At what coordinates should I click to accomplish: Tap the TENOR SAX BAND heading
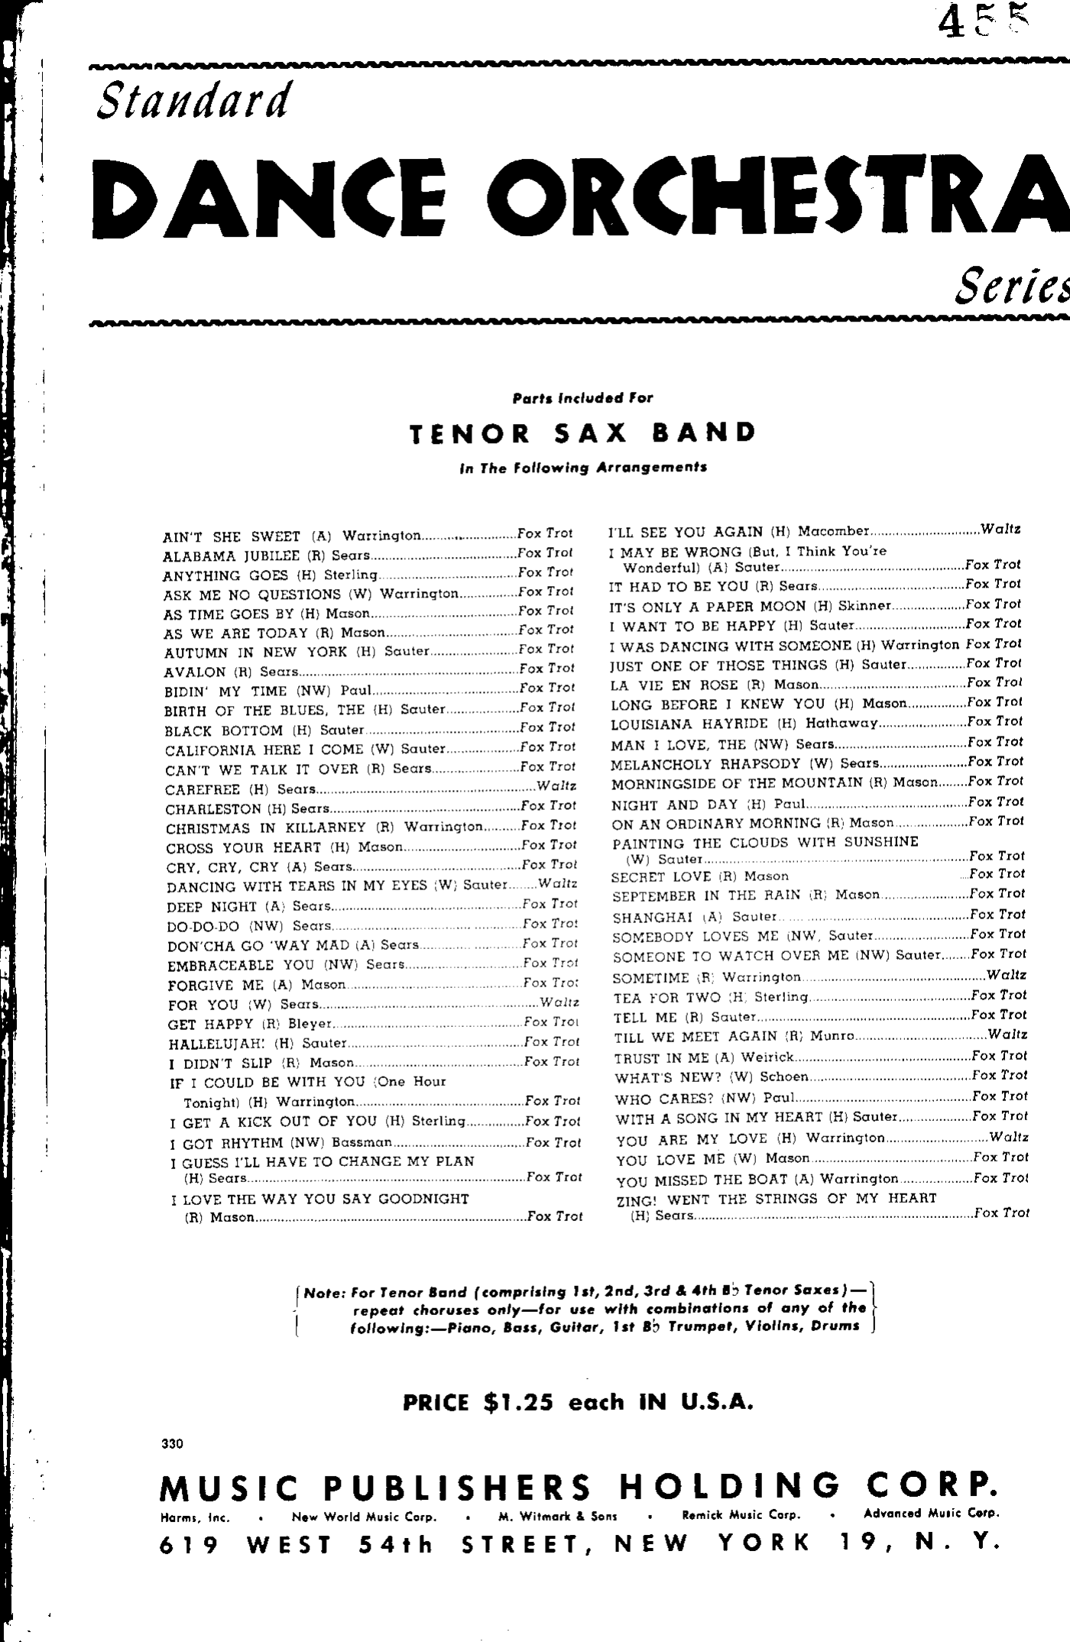582,433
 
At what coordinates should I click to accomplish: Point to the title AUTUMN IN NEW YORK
256,653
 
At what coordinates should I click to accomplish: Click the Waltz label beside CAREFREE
556,786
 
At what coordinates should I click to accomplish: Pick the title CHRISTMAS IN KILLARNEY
266,827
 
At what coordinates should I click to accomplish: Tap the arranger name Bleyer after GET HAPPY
310,1024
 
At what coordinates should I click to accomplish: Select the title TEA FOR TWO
667,998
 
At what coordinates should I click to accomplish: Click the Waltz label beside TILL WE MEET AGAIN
1007,1035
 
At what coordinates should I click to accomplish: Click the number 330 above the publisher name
173,1443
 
